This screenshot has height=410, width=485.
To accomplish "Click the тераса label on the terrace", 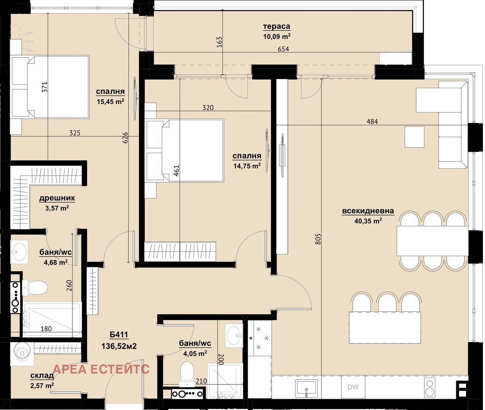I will [277, 27].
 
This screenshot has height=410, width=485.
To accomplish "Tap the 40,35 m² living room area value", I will [368, 221].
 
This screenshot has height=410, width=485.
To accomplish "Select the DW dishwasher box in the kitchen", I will [353, 387].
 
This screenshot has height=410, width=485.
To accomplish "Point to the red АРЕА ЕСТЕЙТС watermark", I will [101, 369].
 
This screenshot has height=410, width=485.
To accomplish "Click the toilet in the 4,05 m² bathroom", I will [187, 371].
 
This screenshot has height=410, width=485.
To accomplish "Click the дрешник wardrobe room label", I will [57, 199].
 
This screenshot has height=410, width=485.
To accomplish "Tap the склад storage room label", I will [42, 376].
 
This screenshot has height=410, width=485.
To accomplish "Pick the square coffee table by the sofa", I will [414, 137].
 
